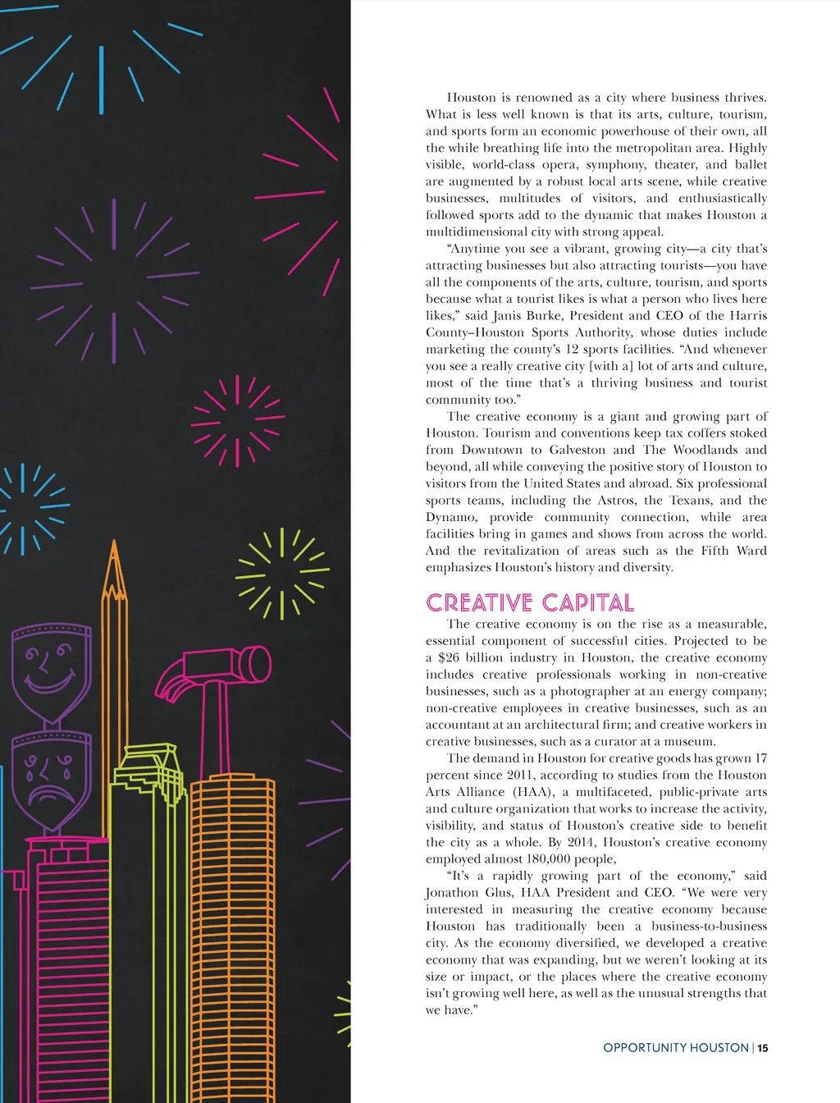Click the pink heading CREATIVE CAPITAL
[x=530, y=603]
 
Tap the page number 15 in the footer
[x=763, y=1048]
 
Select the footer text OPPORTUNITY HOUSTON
[x=675, y=1048]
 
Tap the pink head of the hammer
[x=221, y=664]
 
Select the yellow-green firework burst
[x=281, y=572]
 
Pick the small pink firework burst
[x=237, y=421]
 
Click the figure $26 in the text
[x=449, y=658]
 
